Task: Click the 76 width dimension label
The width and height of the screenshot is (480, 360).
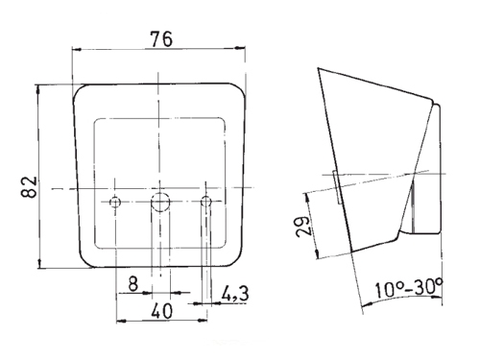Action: pos(162,39)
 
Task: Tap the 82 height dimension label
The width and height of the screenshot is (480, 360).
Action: pos(29,187)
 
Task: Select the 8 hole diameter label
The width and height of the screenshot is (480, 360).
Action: pos(132,283)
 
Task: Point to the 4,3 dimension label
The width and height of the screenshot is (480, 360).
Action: pos(235,294)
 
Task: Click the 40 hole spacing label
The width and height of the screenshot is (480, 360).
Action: pos(162,311)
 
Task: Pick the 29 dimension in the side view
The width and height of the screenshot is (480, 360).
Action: pos(302,227)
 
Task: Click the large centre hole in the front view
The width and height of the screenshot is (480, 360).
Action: pos(160,203)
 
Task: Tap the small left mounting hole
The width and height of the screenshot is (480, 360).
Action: pos(115,203)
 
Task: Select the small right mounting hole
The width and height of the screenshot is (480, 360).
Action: pos(206,202)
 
